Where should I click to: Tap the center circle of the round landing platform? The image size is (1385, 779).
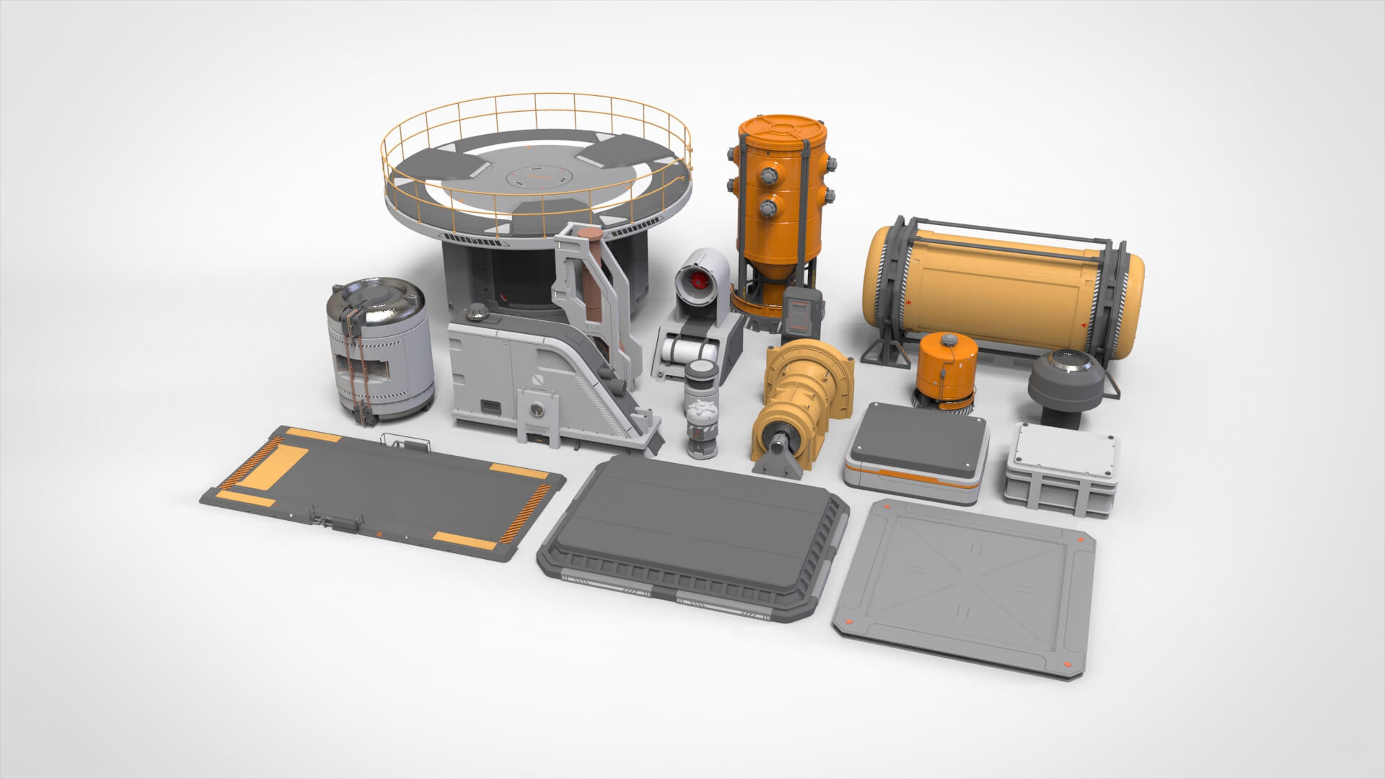point(535,174)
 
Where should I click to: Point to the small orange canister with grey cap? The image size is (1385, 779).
point(946,368)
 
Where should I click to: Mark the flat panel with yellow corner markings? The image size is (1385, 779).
point(382,490)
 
